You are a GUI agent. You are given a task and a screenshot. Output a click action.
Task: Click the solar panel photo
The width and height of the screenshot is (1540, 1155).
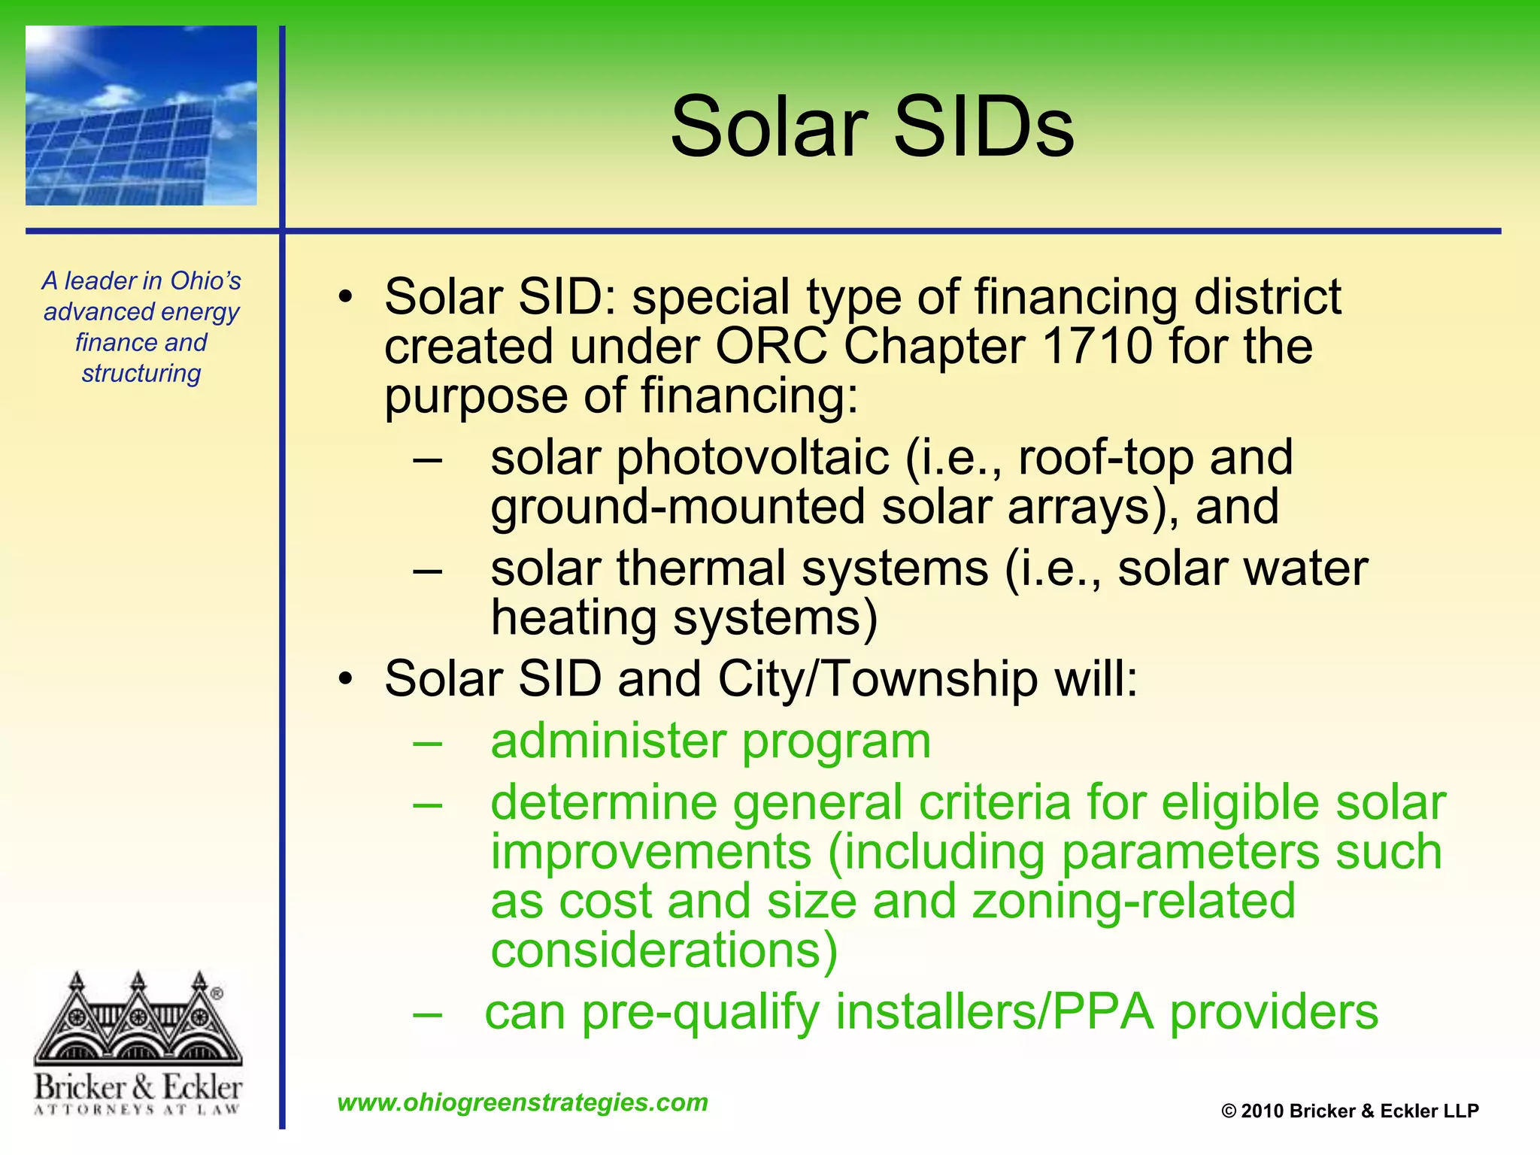pyautogui.click(x=141, y=116)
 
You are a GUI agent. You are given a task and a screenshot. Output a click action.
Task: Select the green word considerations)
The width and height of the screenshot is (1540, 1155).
pyautogui.click(x=664, y=950)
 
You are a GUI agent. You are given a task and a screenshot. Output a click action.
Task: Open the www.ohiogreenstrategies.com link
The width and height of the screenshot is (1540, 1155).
pyautogui.click(x=523, y=1102)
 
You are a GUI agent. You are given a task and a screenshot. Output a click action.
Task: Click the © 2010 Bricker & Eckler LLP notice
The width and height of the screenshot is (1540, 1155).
pyautogui.click(x=1350, y=1111)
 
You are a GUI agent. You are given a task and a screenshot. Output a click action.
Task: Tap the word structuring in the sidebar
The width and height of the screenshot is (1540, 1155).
pyautogui.click(x=141, y=373)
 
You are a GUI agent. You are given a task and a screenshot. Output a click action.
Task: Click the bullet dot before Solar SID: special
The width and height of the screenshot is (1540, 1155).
pyautogui.click(x=345, y=296)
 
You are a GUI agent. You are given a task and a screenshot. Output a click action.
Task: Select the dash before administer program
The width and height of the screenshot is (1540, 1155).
pyautogui.click(x=427, y=742)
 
